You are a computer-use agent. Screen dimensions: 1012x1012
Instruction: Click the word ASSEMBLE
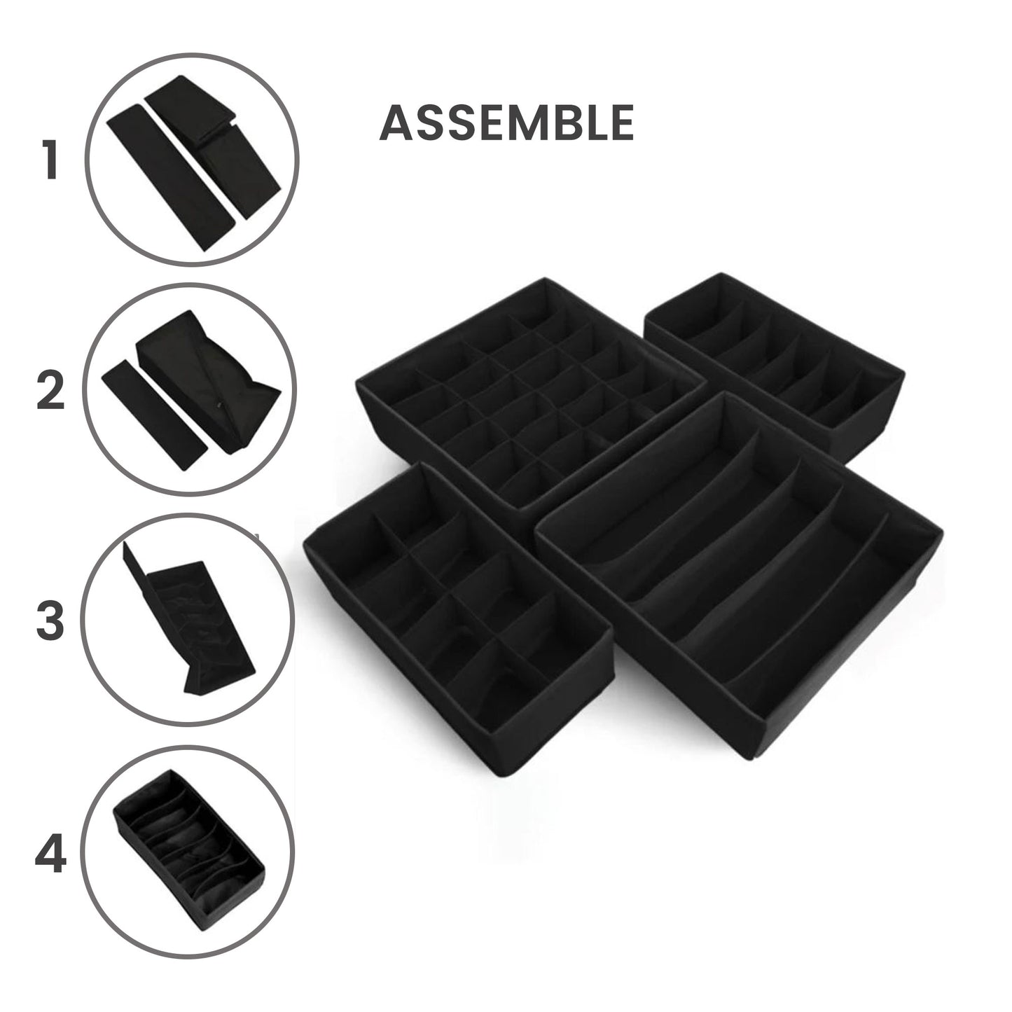(x=506, y=123)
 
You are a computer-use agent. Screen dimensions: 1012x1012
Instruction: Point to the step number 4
(x=50, y=855)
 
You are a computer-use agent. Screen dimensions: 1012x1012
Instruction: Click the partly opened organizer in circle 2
(x=210, y=378)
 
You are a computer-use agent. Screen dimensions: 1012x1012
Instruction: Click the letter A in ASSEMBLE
(x=396, y=123)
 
